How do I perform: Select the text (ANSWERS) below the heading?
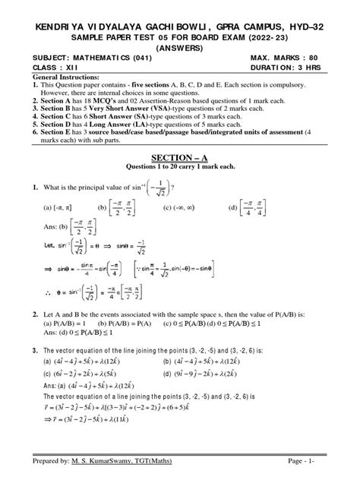(179, 44)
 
